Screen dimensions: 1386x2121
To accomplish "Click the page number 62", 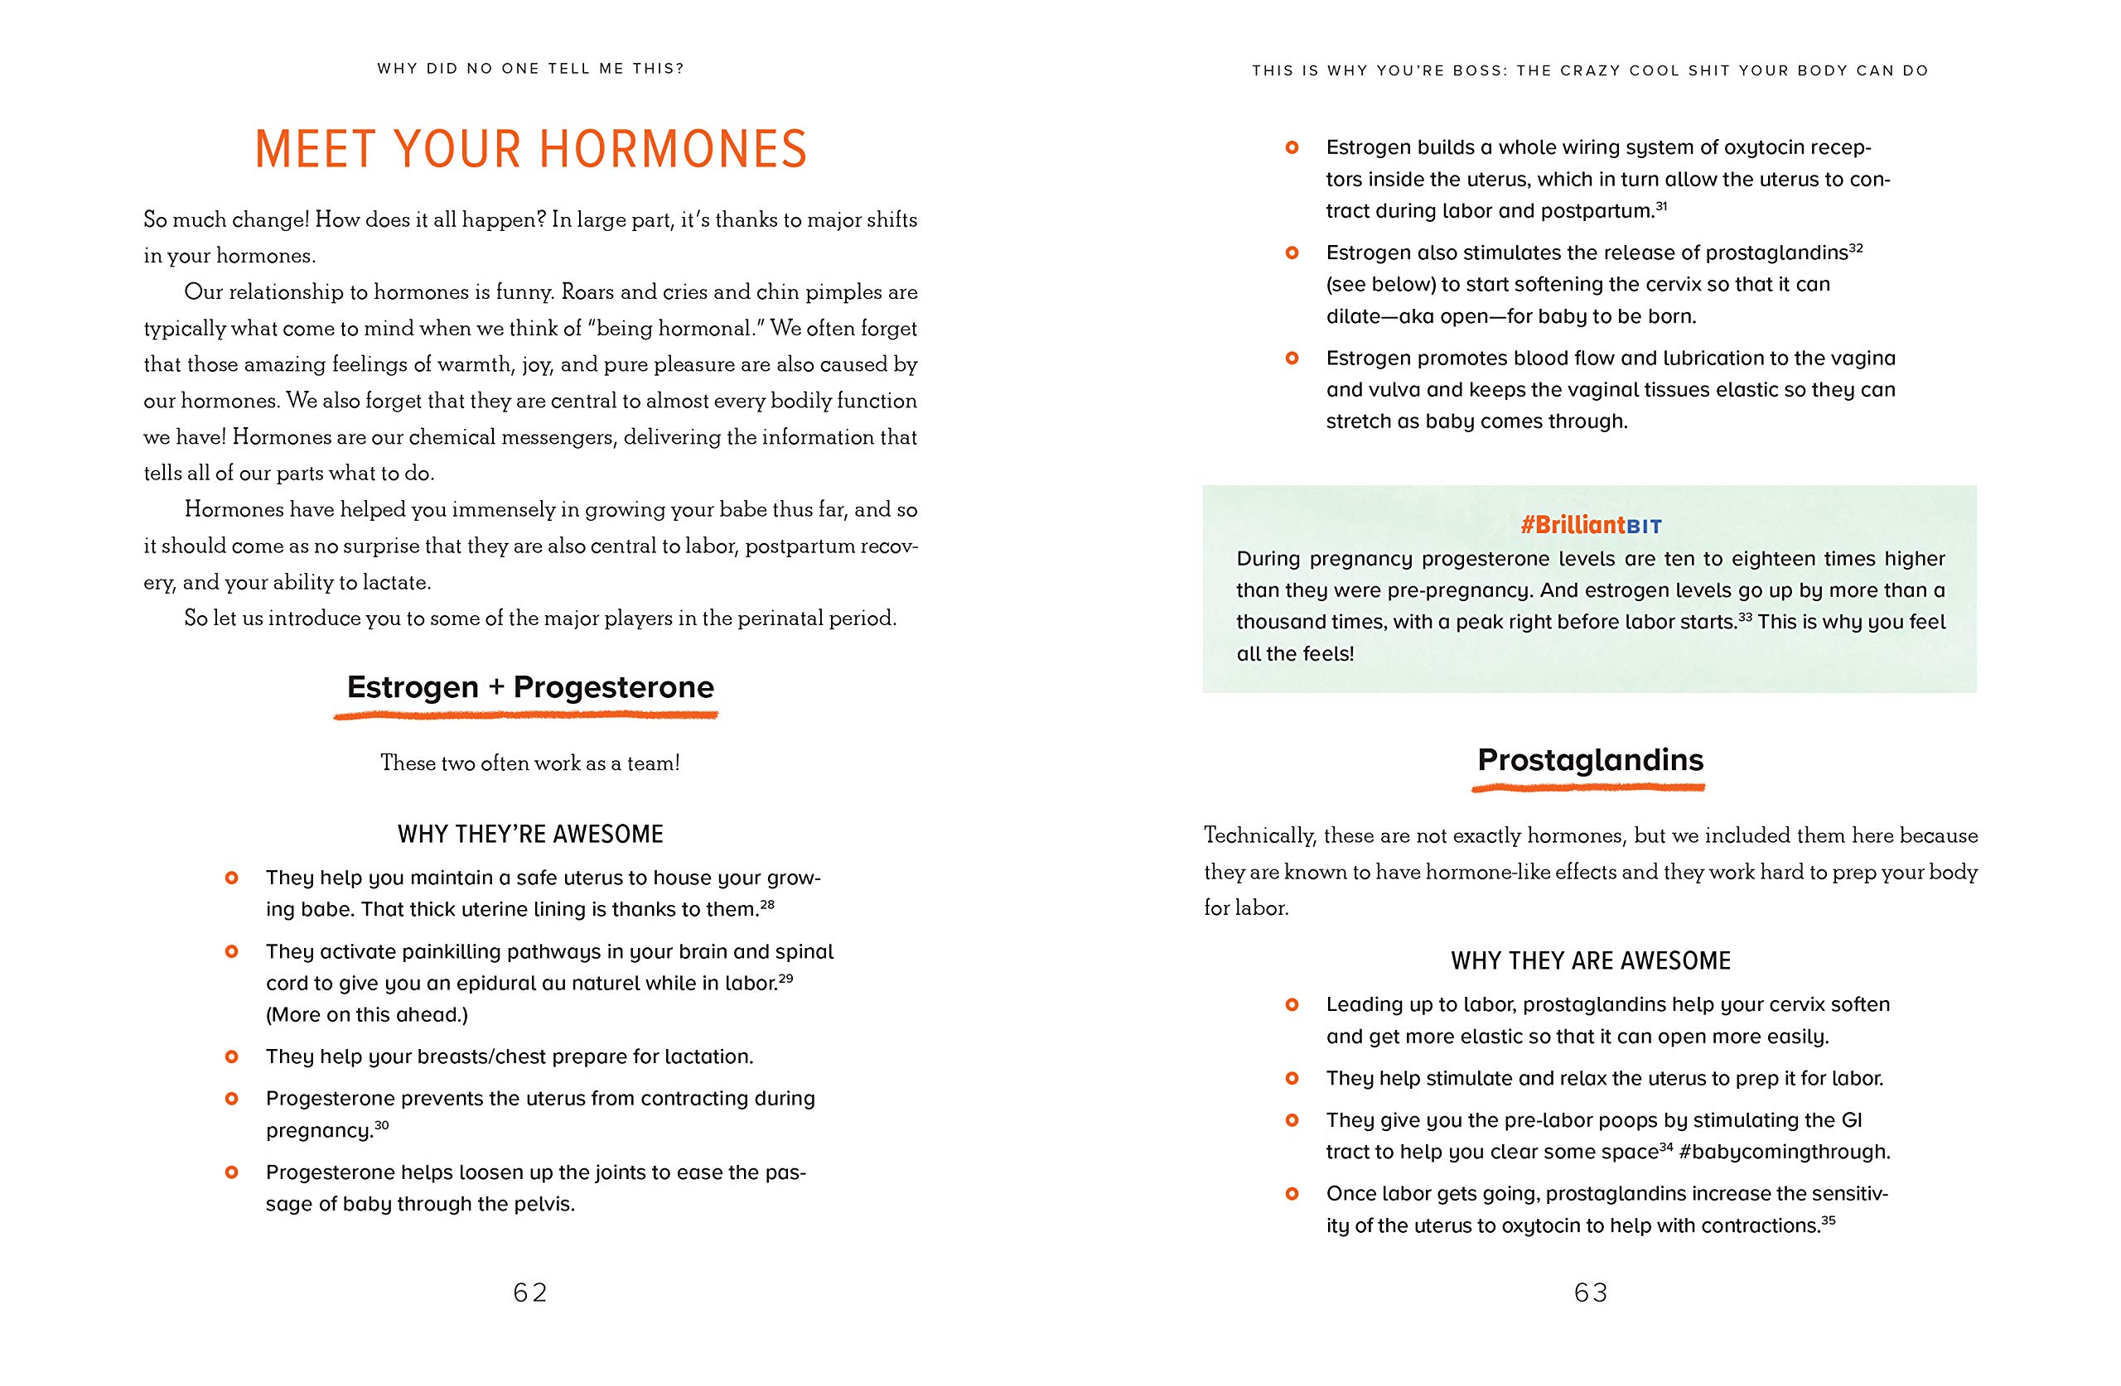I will (530, 1292).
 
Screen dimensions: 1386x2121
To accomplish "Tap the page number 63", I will (1591, 1292).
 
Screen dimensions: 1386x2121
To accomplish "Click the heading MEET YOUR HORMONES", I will (531, 149).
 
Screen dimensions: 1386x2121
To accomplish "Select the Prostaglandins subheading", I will (1590, 760).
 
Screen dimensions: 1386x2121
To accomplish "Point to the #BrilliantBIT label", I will (1591, 526).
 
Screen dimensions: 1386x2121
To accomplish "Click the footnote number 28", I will (767, 904).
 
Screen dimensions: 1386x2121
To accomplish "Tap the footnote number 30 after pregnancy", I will (381, 1125).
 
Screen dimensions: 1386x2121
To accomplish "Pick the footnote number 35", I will (1828, 1220).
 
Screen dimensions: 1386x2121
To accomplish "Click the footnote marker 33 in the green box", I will (1745, 616).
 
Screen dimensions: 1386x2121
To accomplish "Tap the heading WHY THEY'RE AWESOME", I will (530, 835).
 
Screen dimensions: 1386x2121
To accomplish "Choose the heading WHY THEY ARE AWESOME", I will (1591, 961).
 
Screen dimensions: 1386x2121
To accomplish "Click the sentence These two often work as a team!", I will (530, 763).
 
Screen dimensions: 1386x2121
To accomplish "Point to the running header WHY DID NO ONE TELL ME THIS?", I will (530, 69).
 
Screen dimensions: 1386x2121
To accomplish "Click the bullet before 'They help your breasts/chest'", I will (232, 1057).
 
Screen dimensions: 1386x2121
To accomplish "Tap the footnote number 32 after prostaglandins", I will (1857, 248).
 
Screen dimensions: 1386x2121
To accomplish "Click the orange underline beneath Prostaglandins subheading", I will (1588, 787).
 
